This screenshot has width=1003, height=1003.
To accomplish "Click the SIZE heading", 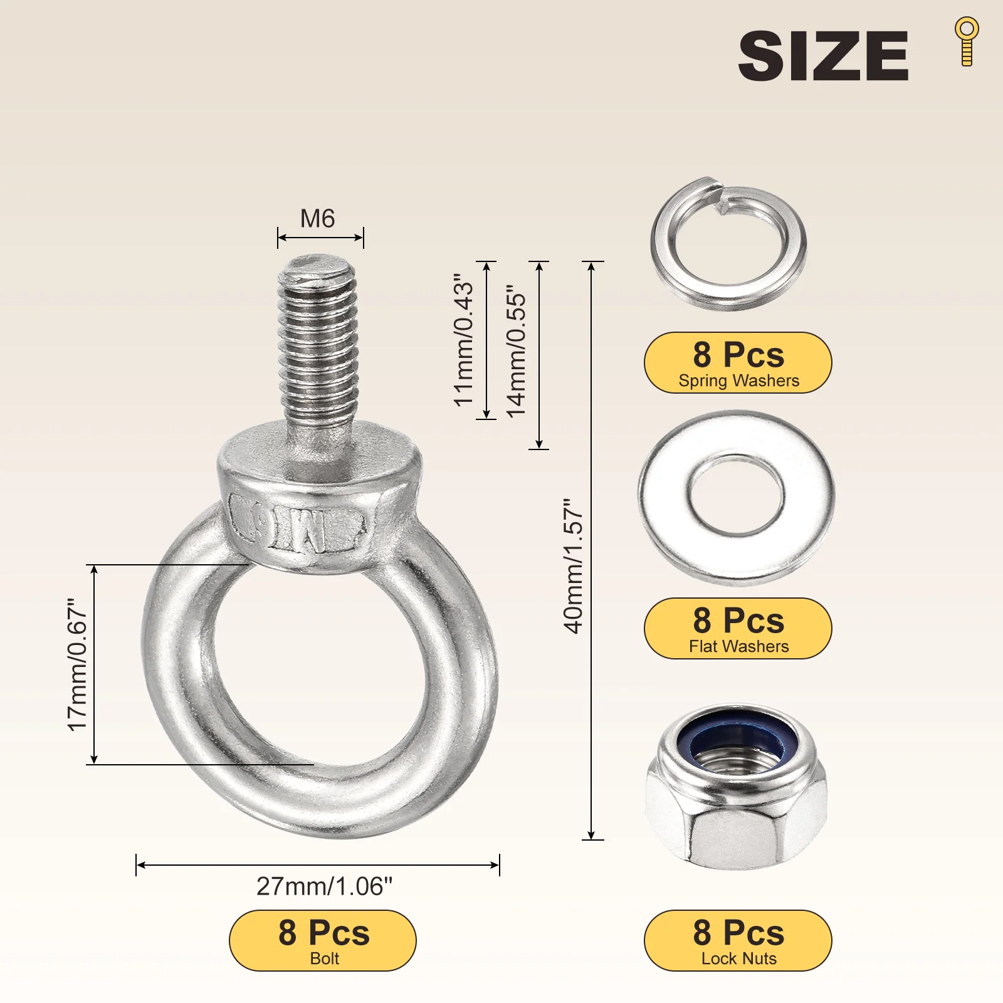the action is tap(823, 56).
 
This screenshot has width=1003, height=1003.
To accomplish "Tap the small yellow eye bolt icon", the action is tap(967, 41).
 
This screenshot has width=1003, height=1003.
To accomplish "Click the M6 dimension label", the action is tap(318, 219).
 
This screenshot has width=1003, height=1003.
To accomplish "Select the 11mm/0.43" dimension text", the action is tap(464, 340).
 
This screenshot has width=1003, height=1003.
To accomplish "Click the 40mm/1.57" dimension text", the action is tap(573, 566).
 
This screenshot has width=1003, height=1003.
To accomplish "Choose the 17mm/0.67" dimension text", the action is tap(77, 664).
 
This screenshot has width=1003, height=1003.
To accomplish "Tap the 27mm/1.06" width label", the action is tap(324, 886).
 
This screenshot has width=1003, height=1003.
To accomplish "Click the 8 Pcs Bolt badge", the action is tap(323, 940).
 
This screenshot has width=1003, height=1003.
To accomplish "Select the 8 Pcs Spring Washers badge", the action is tap(738, 363).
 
